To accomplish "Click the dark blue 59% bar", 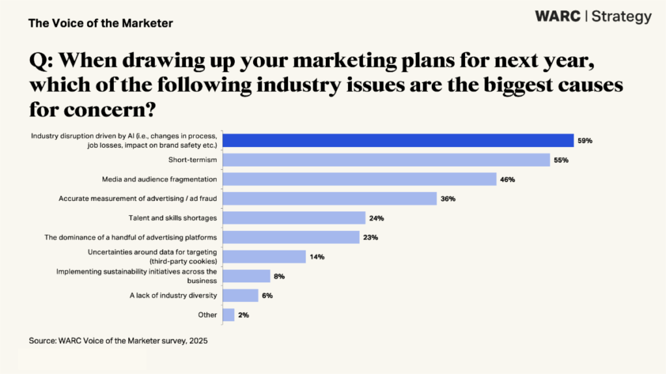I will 398,140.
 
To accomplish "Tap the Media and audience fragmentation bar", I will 360,179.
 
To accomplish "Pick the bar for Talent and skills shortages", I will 294,218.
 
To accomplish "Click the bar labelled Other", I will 228,315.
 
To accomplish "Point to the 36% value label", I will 447,198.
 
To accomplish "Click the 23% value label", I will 371,237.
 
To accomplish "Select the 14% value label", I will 317,257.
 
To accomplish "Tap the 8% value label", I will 279,276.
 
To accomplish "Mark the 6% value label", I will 267,295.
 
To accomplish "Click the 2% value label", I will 243,315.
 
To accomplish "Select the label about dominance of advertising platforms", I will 131,237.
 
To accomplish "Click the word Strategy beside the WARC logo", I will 621,17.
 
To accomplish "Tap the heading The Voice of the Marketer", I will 101,23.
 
